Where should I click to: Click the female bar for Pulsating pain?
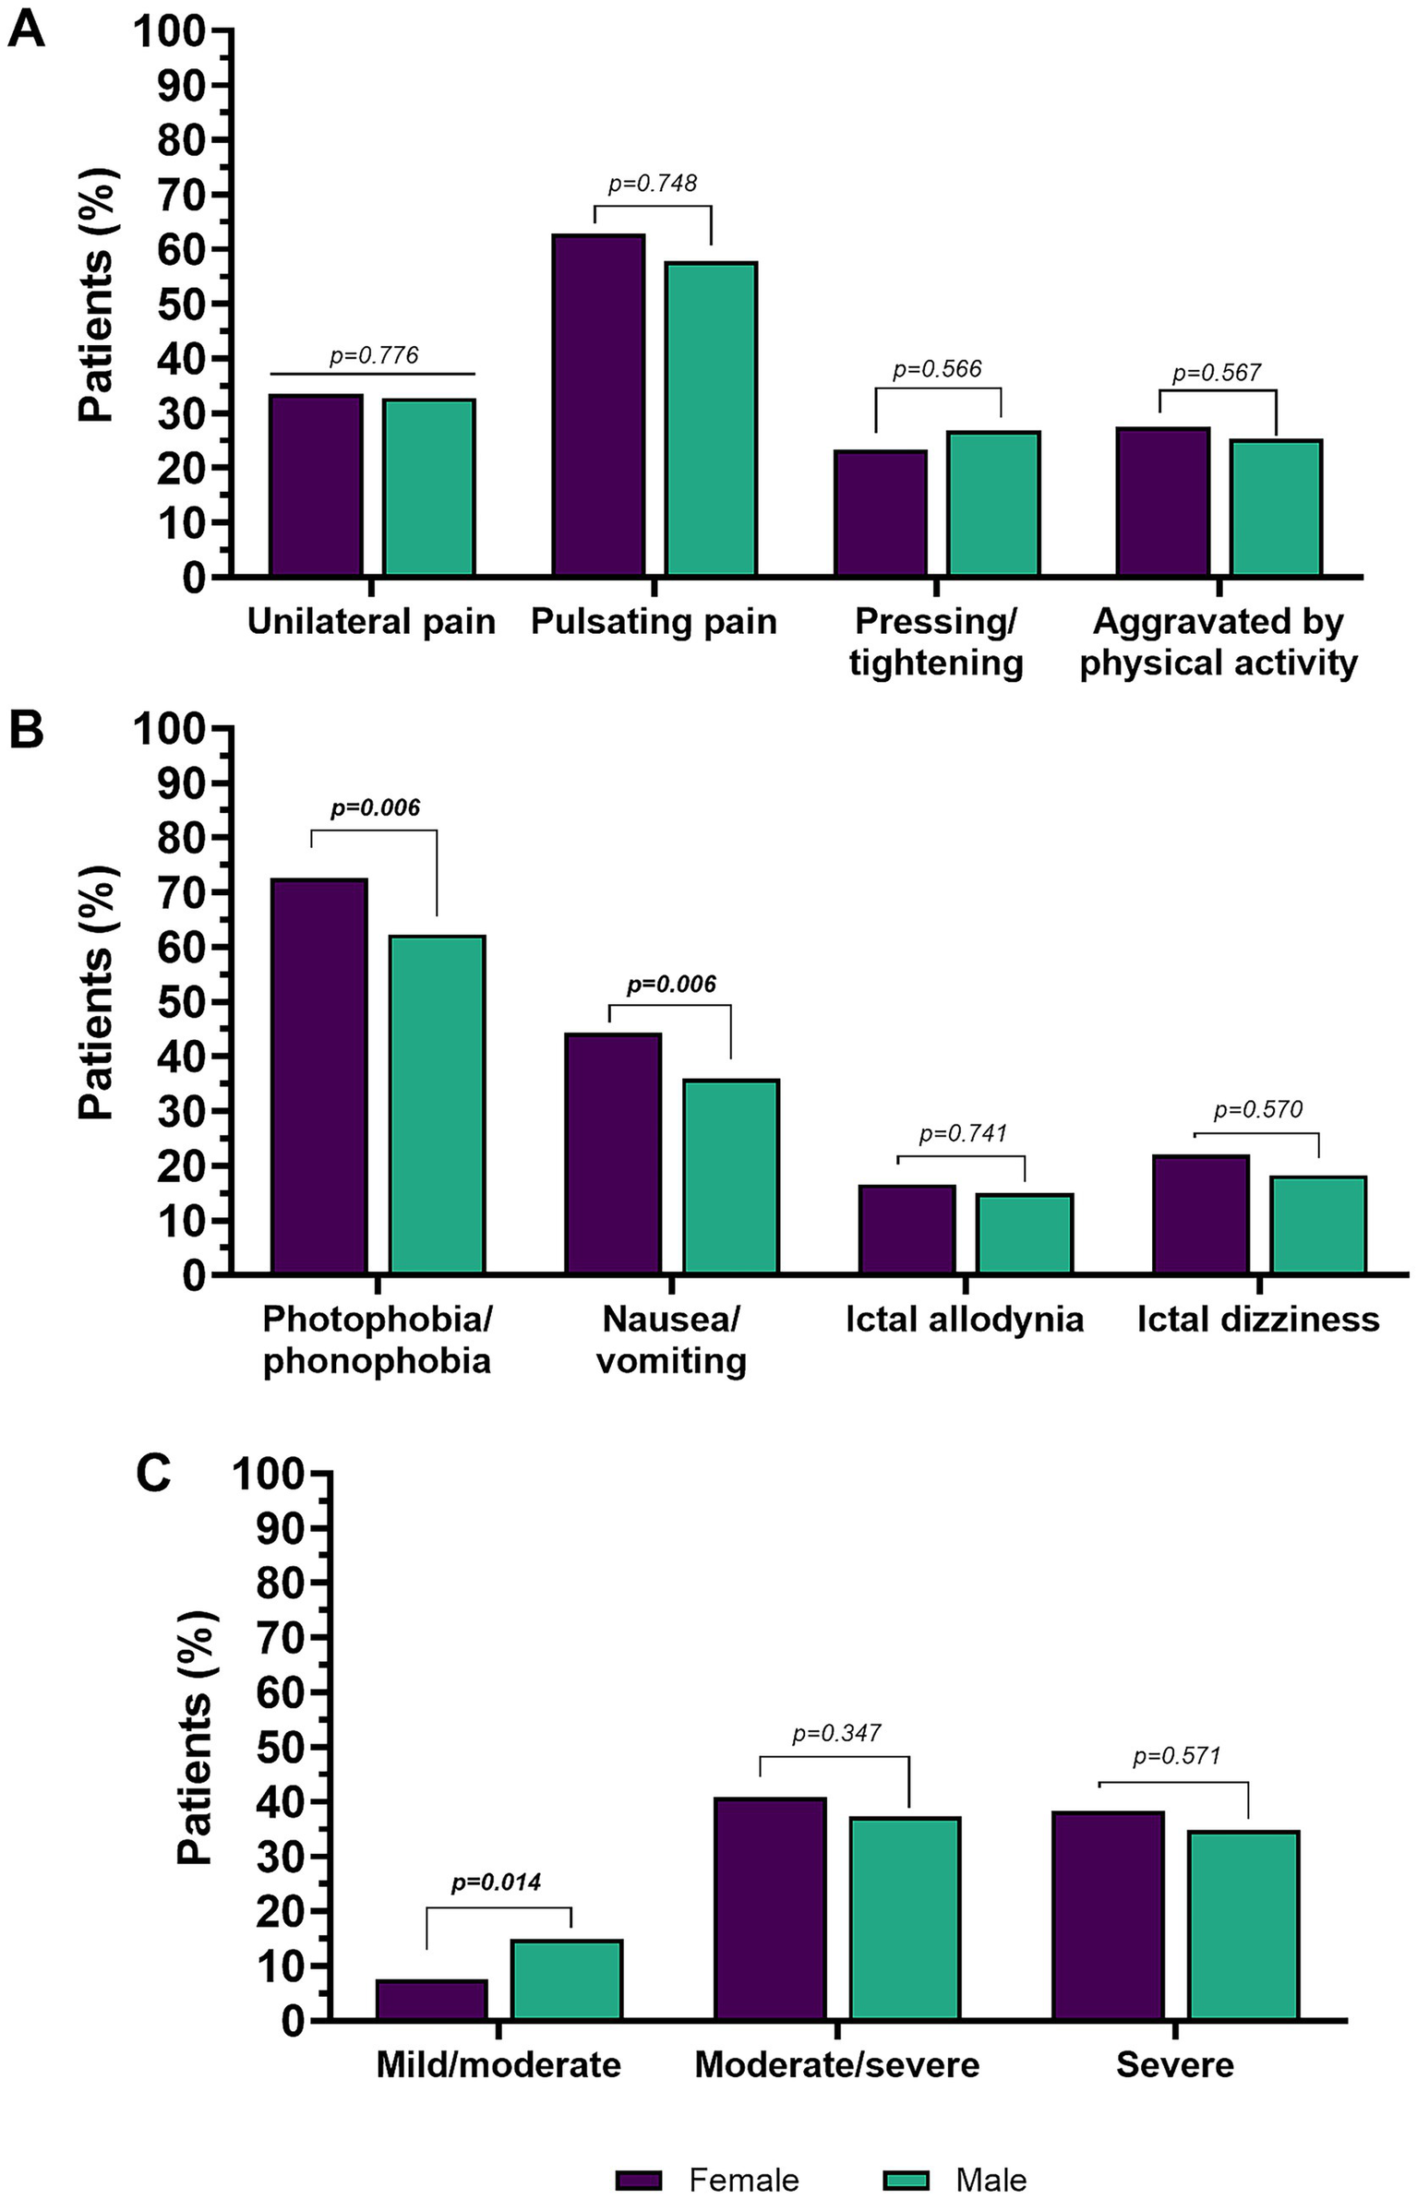click(598, 406)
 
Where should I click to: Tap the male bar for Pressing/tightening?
click(993, 504)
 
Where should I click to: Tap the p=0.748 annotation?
click(652, 184)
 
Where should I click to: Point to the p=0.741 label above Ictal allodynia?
click(962, 1133)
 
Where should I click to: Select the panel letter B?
click(26, 732)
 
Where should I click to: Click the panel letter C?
click(153, 1473)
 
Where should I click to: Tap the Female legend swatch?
click(639, 2154)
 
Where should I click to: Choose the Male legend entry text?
click(991, 2154)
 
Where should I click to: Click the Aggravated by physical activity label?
click(1219, 642)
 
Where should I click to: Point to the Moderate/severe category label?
click(836, 2065)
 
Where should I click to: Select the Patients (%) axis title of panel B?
click(95, 993)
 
